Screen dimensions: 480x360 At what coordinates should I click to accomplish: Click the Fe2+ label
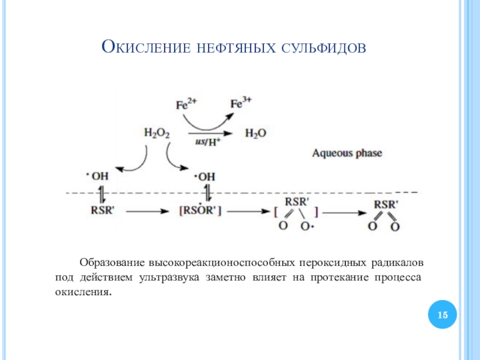coord(186,104)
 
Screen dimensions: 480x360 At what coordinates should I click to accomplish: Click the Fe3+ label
coord(241,103)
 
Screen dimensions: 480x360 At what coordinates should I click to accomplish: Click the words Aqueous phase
coord(347,153)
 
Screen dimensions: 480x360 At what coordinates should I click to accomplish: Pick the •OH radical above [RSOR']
coord(204,176)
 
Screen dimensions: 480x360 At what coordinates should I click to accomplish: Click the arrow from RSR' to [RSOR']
coord(147,211)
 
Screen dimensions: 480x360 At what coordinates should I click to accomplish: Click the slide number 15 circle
coord(442,314)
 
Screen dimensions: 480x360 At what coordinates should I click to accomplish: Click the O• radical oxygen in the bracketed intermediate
coord(307,227)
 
